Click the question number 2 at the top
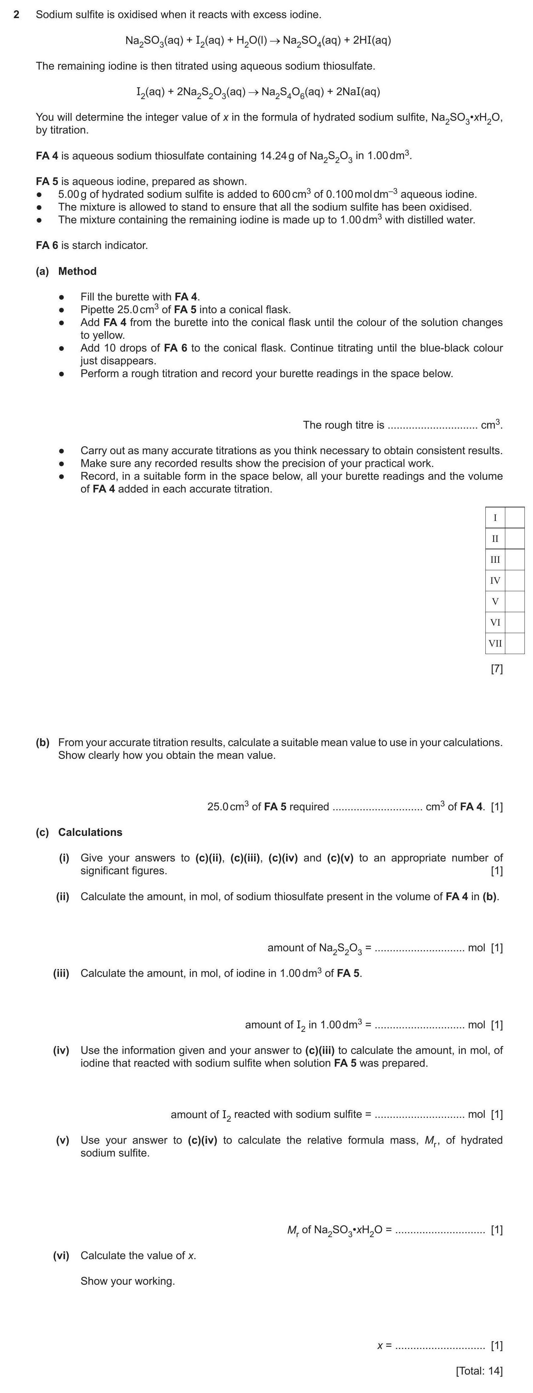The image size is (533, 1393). tap(16, 15)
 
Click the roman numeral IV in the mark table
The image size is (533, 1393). tap(495, 580)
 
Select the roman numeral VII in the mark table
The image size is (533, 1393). tap(495, 643)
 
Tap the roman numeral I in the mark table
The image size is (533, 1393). tap(495, 517)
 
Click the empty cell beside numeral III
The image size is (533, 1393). tap(514, 560)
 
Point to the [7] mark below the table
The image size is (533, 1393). tap(496, 669)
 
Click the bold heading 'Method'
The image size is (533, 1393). tap(77, 271)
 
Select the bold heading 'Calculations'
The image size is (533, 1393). tap(90, 832)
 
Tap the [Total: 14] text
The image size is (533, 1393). tap(479, 1371)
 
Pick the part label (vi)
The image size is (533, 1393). tap(61, 1256)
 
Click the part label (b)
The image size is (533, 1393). tap(42, 742)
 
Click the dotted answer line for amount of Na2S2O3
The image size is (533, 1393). tap(419, 948)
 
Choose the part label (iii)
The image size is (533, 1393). tap(61, 973)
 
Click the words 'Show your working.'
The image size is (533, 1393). tap(128, 1281)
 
